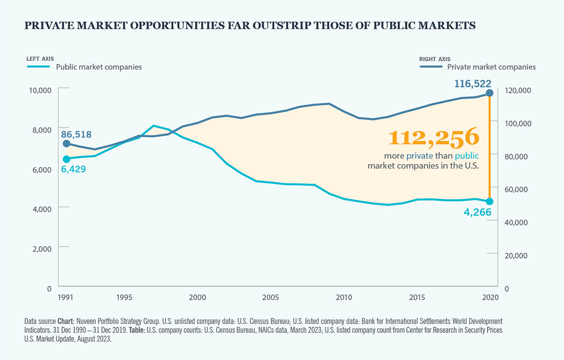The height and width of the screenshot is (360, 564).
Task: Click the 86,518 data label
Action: pyautogui.click(x=76, y=134)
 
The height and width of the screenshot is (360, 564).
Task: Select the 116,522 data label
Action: pyautogui.click(x=472, y=83)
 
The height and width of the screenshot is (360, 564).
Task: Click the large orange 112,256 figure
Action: pyautogui.click(x=433, y=138)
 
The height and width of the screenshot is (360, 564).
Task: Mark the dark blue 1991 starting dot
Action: pyautogui.click(x=66, y=144)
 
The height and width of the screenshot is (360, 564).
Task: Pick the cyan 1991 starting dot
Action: pyautogui.click(x=66, y=159)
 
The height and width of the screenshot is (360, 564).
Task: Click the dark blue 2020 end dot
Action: pyautogui.click(x=489, y=93)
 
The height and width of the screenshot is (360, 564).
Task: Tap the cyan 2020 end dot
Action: pyautogui.click(x=489, y=201)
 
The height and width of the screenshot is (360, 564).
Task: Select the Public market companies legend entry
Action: pyautogui.click(x=99, y=67)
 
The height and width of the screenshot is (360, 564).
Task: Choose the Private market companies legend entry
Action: pyautogui.click(x=491, y=67)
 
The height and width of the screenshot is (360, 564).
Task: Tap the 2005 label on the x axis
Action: pyautogui.click(x=270, y=297)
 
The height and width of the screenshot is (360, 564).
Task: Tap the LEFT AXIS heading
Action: pyautogui.click(x=39, y=59)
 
